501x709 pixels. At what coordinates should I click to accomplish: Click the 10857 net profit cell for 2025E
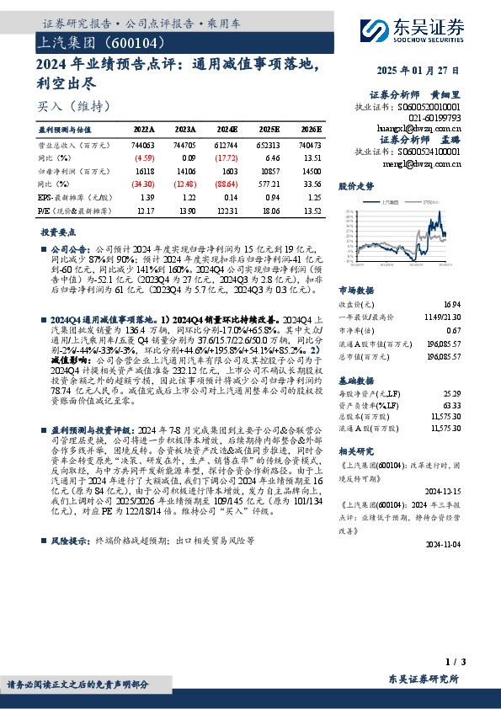tap(269, 170)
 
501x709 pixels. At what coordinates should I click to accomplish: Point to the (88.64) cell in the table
tap(227, 182)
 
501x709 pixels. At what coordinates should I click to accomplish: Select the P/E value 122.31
tap(227, 210)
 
